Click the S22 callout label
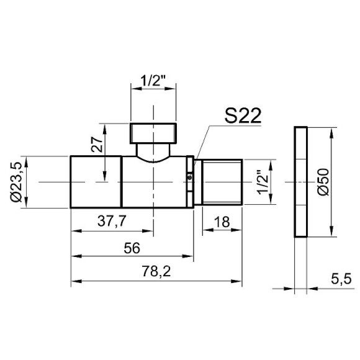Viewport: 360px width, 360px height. click(x=243, y=116)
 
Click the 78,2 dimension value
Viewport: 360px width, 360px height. click(x=156, y=271)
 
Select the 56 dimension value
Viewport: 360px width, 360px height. click(x=132, y=248)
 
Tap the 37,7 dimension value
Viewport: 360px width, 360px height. click(x=112, y=222)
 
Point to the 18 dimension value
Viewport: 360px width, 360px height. click(x=222, y=222)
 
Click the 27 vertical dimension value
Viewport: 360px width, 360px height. click(x=97, y=145)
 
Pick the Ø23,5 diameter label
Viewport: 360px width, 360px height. click(x=16, y=182)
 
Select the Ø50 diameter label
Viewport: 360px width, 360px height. click(x=323, y=182)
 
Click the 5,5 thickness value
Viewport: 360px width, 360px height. click(x=341, y=279)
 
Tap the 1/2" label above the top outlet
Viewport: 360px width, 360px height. click(x=153, y=81)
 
